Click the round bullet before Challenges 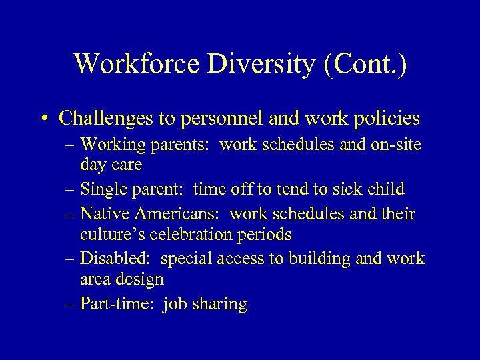click(x=44, y=119)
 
